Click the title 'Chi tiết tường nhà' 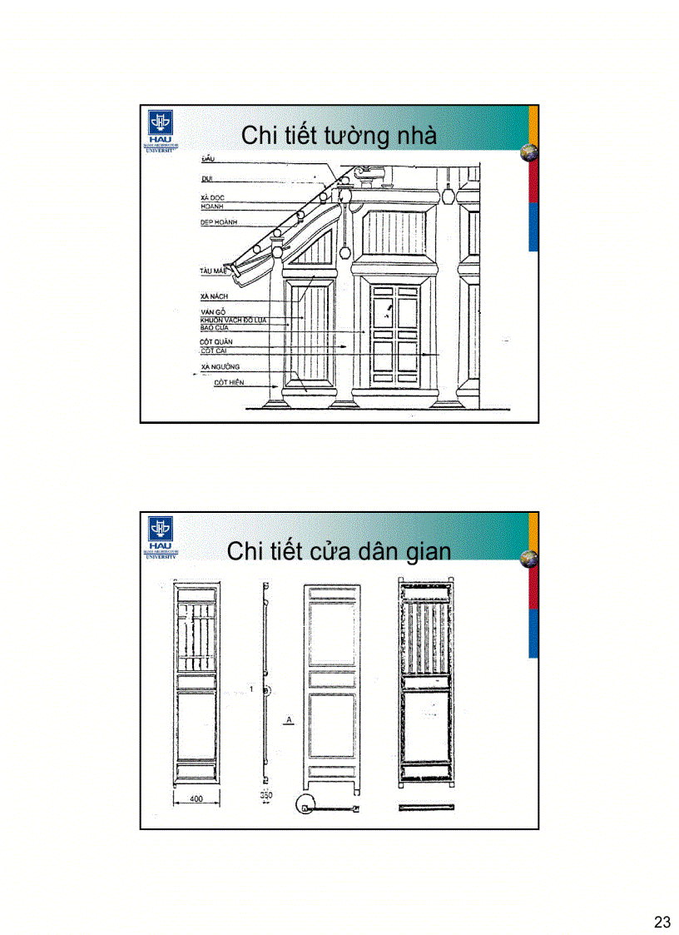tap(339, 136)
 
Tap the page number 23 tap(662, 922)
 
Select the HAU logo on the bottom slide tap(159, 533)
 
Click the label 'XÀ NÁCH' tap(214, 296)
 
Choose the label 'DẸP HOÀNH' tap(219, 223)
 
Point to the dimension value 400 tap(196, 798)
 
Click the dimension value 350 tap(265, 796)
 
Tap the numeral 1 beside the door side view tap(250, 689)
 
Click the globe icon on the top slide tap(528, 152)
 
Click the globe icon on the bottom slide tap(528, 559)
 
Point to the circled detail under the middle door tap(305, 807)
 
